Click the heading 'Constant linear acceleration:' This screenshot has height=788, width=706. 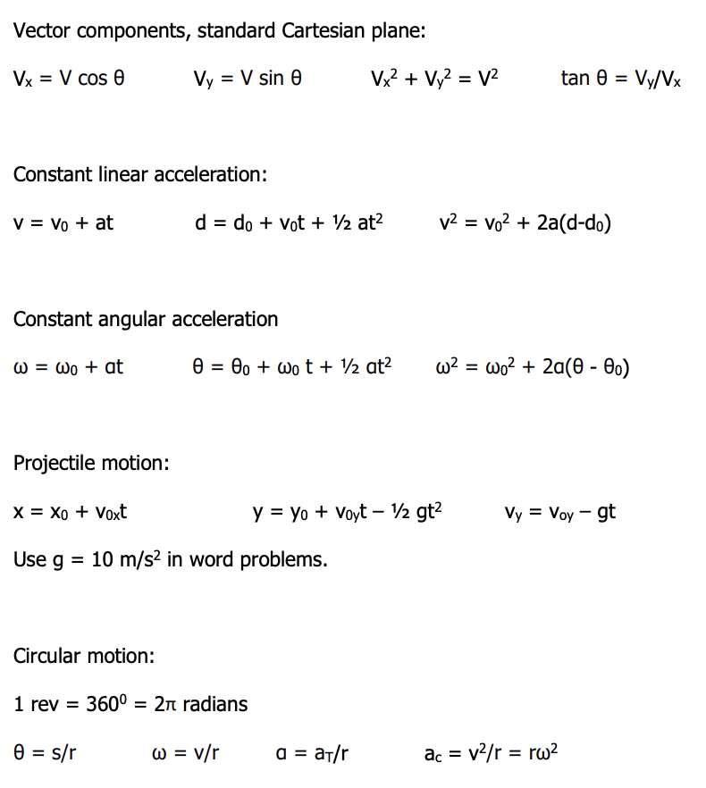click(x=140, y=174)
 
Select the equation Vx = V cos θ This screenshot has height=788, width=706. click(x=69, y=79)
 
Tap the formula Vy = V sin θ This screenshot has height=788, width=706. click(x=248, y=79)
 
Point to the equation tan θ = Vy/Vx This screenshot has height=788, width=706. click(x=621, y=79)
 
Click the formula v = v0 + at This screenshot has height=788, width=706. click(x=63, y=222)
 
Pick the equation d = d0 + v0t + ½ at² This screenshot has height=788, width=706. click(x=289, y=222)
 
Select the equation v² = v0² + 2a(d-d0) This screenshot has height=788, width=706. click(x=525, y=222)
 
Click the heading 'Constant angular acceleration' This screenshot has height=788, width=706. click(x=146, y=319)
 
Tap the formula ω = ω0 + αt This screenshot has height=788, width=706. click(x=69, y=366)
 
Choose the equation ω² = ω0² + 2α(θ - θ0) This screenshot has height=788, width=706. click(x=533, y=366)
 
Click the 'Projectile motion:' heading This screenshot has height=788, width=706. click(x=91, y=464)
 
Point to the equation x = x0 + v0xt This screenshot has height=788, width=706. click(x=71, y=513)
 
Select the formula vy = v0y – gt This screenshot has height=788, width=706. click(x=559, y=513)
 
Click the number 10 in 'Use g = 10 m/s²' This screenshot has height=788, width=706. click(x=103, y=560)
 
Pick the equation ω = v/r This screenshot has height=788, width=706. click(x=185, y=752)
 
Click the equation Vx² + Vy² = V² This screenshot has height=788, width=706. click(x=434, y=79)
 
